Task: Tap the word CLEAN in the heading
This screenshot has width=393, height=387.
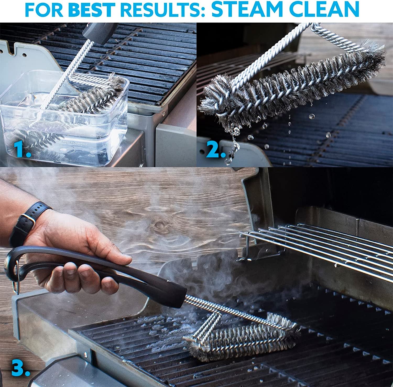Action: [x=327, y=10]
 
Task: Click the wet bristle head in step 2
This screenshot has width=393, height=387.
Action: [x=288, y=86]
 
